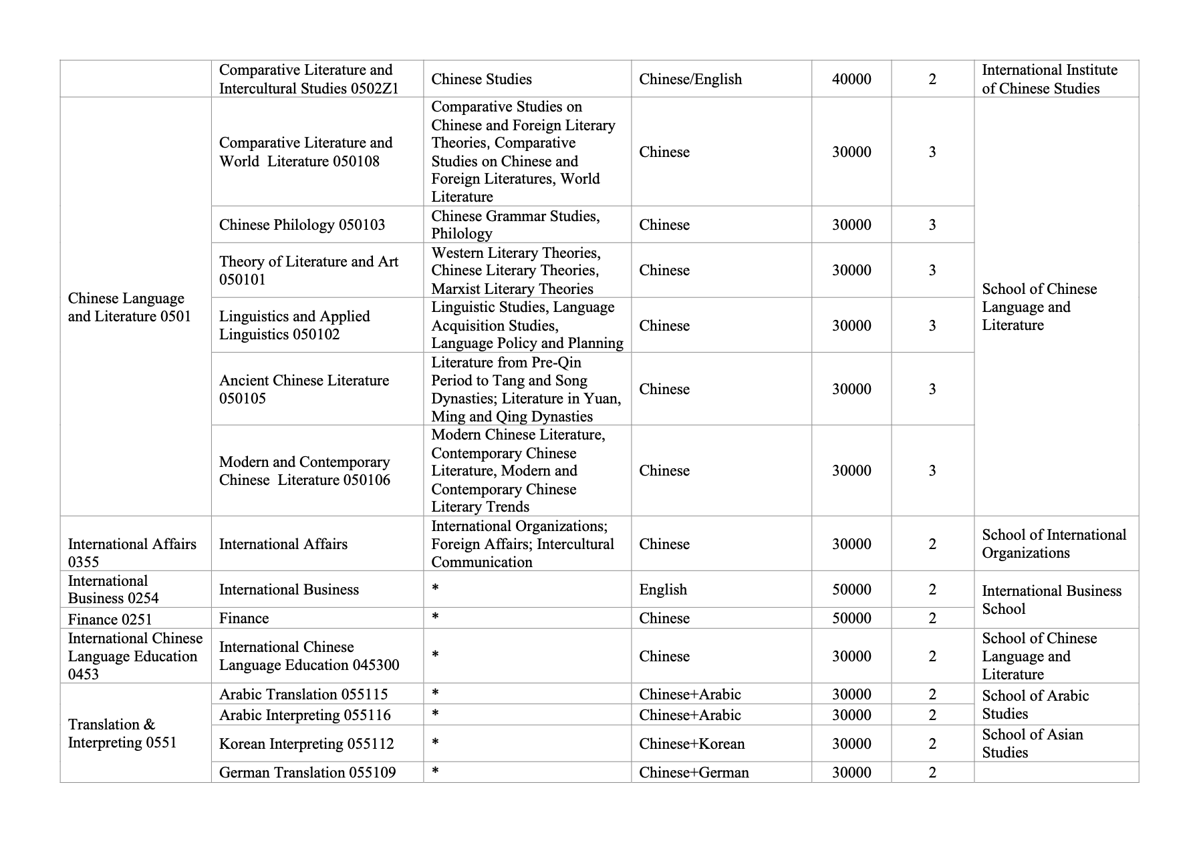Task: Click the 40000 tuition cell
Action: (x=851, y=79)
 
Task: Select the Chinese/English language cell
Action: (x=690, y=79)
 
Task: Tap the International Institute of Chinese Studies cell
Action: (x=1049, y=79)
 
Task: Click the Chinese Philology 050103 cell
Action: (x=302, y=225)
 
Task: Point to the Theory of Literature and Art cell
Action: (x=308, y=271)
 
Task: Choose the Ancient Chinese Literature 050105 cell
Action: (x=303, y=389)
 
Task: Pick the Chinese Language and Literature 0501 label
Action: (x=130, y=307)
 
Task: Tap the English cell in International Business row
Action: (x=662, y=590)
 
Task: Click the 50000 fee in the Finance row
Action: (x=851, y=619)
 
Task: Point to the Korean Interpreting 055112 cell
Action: (x=306, y=744)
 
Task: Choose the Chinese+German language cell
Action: (x=693, y=773)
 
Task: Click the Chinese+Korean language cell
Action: (x=691, y=744)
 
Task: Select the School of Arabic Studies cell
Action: (x=1035, y=705)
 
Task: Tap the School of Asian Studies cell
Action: (x=1032, y=743)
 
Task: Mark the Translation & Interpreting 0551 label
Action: (x=122, y=733)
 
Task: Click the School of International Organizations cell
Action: (x=1053, y=544)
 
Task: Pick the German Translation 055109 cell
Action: (x=307, y=773)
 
